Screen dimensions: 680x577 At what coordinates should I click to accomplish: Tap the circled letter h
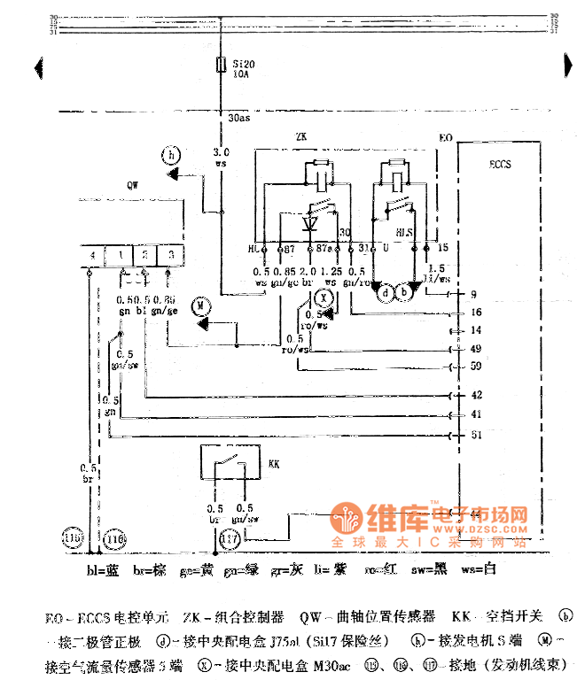(172, 156)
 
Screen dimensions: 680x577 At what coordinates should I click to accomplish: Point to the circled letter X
(324, 297)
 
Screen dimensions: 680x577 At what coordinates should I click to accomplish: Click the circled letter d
(385, 291)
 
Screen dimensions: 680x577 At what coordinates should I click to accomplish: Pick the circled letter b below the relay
(404, 291)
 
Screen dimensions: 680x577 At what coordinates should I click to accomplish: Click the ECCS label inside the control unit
(500, 165)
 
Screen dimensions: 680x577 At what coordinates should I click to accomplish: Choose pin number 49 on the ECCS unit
(476, 348)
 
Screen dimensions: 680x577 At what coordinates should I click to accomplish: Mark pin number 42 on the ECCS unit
(476, 395)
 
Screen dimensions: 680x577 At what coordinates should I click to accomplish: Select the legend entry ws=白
(479, 569)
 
